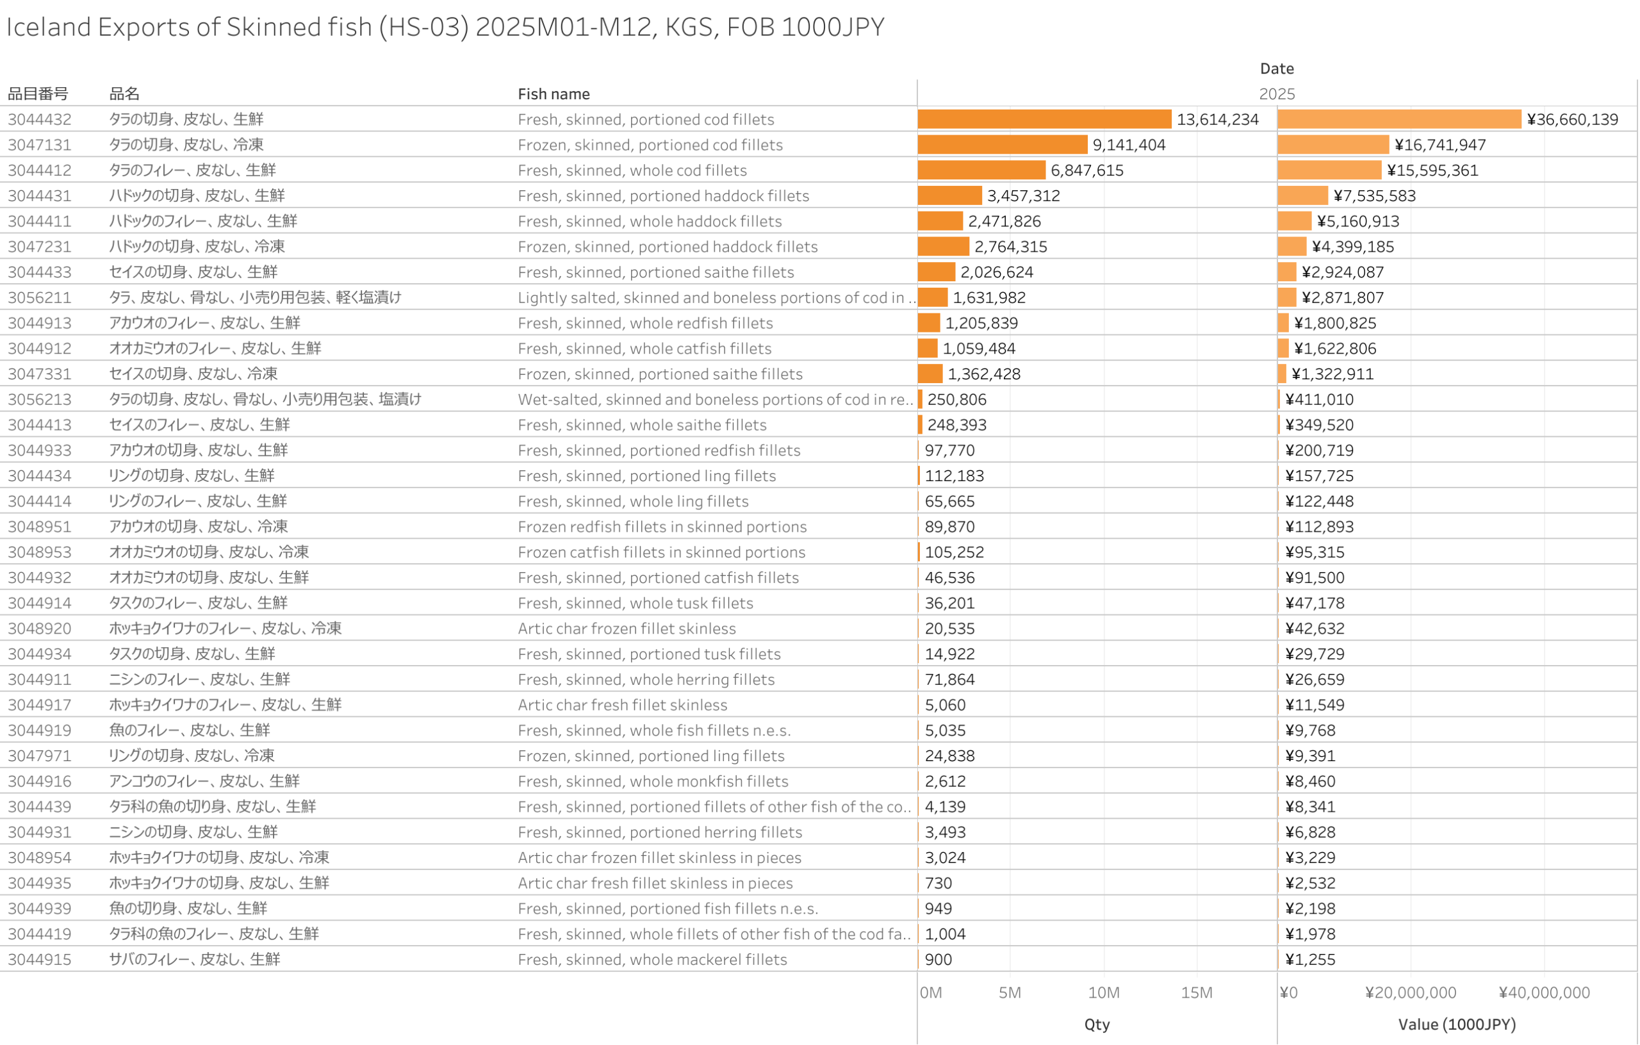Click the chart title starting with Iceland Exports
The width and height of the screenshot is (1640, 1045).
tap(445, 28)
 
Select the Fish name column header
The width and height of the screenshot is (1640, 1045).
tap(553, 94)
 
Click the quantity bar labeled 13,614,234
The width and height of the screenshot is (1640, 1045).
tap(1044, 119)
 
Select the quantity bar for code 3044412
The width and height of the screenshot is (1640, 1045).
tap(981, 170)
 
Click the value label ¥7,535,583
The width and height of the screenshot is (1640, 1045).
tap(1373, 196)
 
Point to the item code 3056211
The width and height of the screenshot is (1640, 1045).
tap(40, 298)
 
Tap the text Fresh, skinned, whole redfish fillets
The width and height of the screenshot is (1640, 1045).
tap(645, 323)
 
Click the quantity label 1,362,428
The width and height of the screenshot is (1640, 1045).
tap(983, 374)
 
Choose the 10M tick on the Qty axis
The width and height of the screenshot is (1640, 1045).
tap(1103, 992)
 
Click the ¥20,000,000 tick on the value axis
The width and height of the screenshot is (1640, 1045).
tap(1410, 992)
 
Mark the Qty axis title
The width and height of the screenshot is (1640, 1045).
tap(1097, 1024)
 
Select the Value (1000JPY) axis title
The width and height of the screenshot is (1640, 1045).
tap(1456, 1024)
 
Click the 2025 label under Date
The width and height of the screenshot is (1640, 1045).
tap(1276, 94)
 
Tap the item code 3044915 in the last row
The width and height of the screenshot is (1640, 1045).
tap(40, 959)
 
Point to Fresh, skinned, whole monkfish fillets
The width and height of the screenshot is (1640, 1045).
tap(652, 782)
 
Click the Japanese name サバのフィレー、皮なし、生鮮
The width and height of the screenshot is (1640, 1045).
tap(195, 959)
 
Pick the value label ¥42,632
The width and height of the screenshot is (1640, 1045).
tap(1314, 629)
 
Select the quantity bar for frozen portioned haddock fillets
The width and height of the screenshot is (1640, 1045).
tap(942, 247)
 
